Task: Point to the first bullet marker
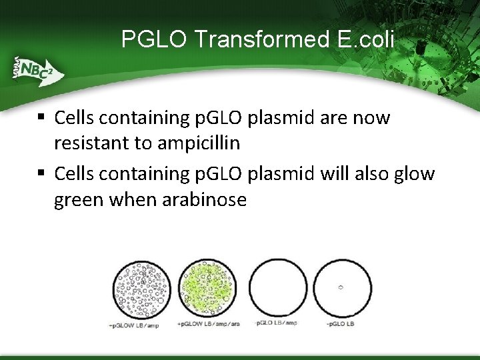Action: click(41, 117)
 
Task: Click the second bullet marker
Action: click(41, 173)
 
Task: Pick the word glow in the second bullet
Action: click(413, 173)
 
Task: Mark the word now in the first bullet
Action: click(374, 117)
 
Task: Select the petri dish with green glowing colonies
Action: click(209, 288)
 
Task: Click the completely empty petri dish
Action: click(278, 288)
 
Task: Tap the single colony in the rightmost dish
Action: click(340, 287)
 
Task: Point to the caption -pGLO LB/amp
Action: click(277, 324)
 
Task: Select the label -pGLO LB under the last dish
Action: click(340, 324)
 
